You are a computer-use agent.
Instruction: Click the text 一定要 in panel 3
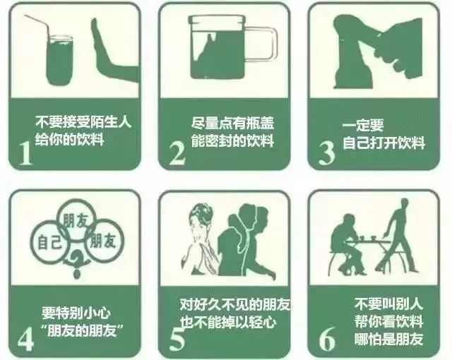363,126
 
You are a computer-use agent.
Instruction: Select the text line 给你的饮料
69,139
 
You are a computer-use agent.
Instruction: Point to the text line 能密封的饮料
232,140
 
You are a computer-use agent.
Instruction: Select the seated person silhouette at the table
347,244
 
